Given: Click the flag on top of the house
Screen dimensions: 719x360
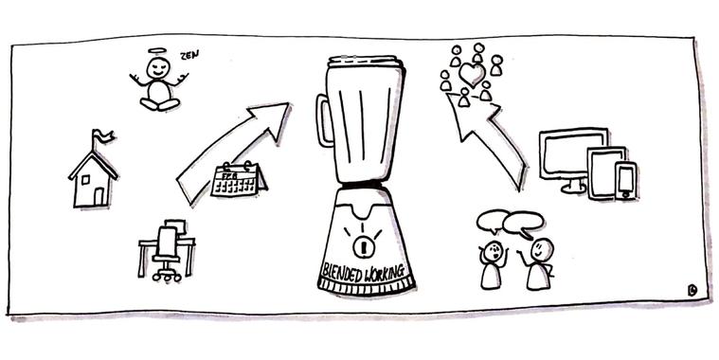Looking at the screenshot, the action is pyautogui.click(x=102, y=136).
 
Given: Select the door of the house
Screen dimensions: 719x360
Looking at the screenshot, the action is pyautogui.click(x=99, y=197).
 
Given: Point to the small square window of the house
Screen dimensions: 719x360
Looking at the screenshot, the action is pyautogui.click(x=86, y=180).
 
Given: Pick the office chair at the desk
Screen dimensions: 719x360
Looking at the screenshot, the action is pyautogui.click(x=167, y=254).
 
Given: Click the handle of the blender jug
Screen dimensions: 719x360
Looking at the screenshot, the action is pyautogui.click(x=323, y=120).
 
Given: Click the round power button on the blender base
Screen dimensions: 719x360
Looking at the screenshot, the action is pyautogui.click(x=364, y=247).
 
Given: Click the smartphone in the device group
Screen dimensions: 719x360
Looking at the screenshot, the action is pyautogui.click(x=625, y=181).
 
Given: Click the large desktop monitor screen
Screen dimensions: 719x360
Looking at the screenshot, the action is pyautogui.click(x=573, y=153).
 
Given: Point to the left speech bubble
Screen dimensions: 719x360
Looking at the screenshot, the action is pyautogui.click(x=493, y=221).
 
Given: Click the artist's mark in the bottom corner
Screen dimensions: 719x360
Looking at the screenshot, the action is pyautogui.click(x=692, y=290).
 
